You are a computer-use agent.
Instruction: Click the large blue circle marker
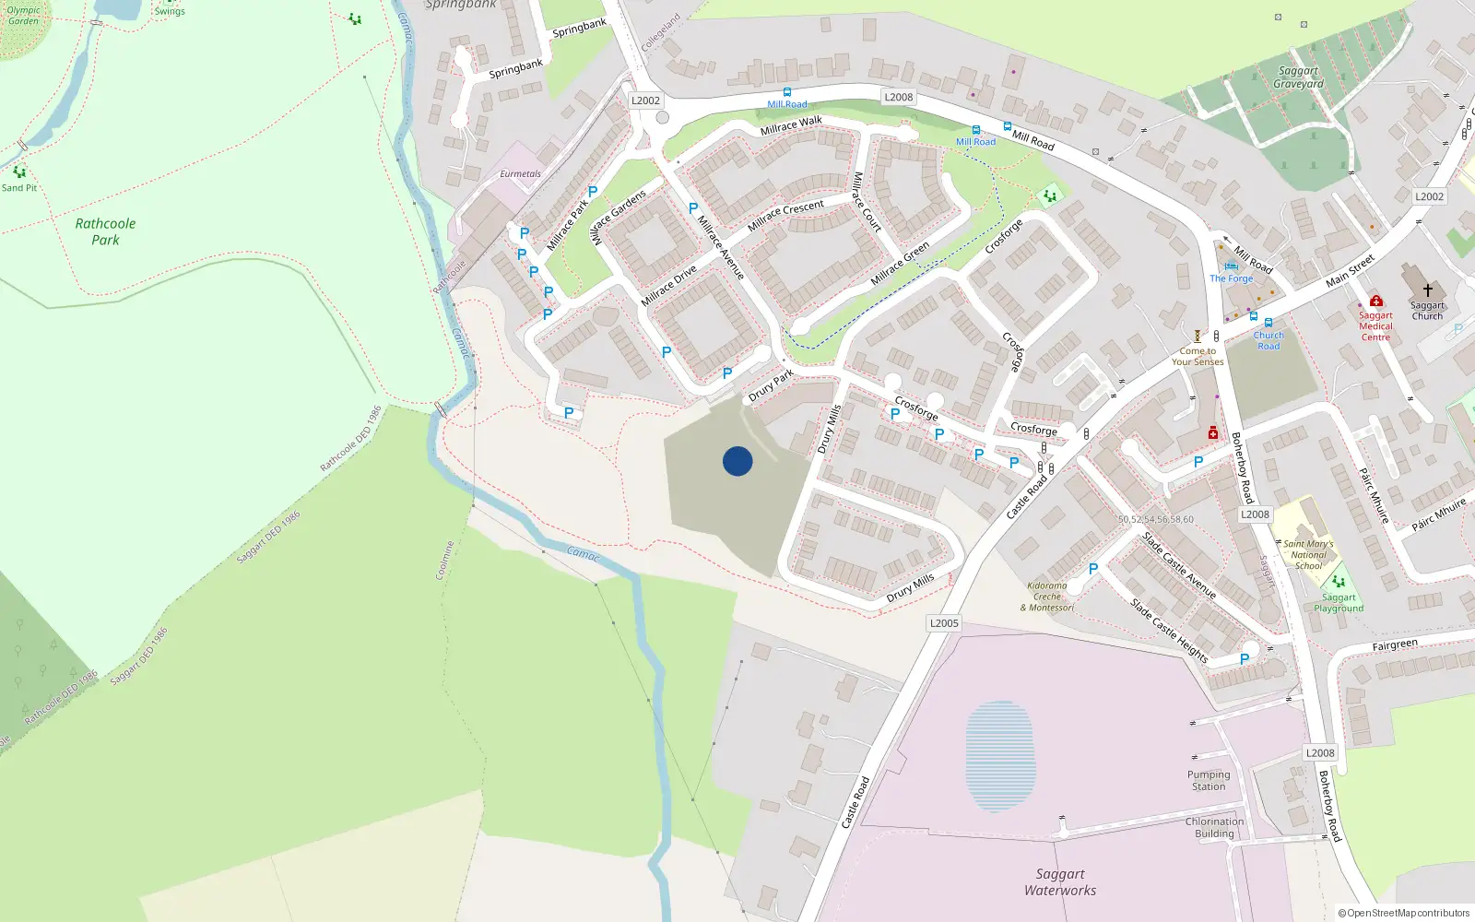point(737,461)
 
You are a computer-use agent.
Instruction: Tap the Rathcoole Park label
point(105,231)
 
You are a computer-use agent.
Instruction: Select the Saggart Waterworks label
point(1060,882)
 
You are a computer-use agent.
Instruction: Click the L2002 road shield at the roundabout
point(645,100)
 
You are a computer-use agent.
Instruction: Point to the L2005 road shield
point(944,623)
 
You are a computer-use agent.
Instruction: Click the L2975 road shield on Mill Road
point(899,97)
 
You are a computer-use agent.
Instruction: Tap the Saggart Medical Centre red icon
point(1376,301)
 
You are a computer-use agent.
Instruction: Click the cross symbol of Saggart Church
point(1427,290)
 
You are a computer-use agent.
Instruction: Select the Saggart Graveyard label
point(1298,77)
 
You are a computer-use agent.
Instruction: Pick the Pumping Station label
point(1209,781)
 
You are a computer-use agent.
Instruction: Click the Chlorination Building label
point(1214,828)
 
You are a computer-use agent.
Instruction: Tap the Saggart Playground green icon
point(1339,582)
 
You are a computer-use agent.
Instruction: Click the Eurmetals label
point(521,173)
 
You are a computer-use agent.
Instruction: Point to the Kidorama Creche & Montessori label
point(1047,597)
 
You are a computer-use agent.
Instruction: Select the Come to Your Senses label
point(1198,357)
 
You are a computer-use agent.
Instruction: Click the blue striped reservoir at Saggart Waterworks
point(1000,756)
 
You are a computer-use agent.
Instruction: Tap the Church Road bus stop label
point(1268,341)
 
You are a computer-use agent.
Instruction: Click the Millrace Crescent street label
point(785,215)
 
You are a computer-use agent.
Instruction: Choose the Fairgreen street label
point(1395,645)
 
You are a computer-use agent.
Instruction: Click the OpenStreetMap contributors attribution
point(1404,913)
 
